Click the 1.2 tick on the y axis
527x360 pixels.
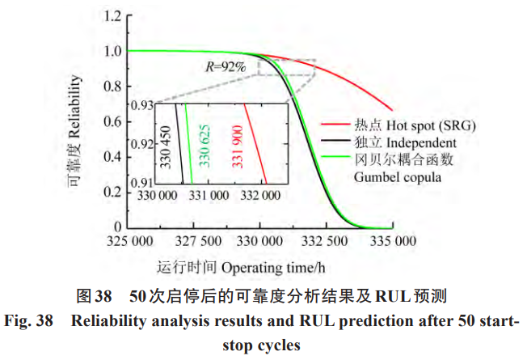(114, 15)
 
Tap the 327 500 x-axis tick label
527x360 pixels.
(198, 241)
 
